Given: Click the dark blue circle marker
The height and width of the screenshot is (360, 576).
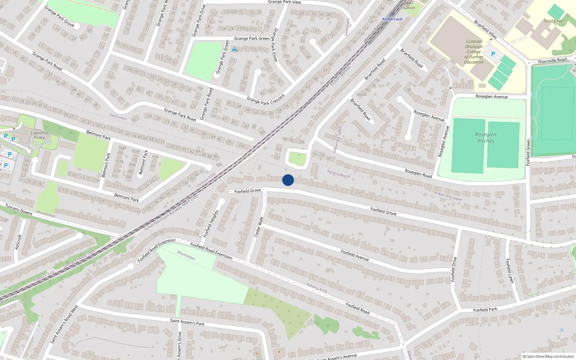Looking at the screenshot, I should click(288, 180).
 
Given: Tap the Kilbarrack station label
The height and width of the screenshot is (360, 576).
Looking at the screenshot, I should click(392, 19).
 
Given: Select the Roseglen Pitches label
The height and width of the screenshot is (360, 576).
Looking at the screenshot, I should click(486, 138).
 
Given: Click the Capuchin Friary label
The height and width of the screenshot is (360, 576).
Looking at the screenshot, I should click(39, 135).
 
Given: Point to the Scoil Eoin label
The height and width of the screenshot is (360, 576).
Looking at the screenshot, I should click(553, 21).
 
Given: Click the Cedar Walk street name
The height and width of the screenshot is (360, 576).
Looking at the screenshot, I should click(259, 226).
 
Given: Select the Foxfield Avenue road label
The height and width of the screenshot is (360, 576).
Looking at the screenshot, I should click(355, 255).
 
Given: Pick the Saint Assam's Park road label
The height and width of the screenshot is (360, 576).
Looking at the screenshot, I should click(187, 322).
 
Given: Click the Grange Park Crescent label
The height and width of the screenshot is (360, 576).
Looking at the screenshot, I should click(266, 99).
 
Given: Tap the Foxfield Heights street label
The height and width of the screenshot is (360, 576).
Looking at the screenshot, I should click(211, 224).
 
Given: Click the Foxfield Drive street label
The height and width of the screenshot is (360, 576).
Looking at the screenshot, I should click(454, 269).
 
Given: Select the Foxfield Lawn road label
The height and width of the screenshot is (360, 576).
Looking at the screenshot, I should click(509, 271).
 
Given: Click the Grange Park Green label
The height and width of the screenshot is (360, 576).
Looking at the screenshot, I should click(252, 39).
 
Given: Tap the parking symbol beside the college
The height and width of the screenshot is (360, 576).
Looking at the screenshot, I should click(493, 54).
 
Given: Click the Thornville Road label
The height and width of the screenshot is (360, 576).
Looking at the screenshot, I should click(552, 60).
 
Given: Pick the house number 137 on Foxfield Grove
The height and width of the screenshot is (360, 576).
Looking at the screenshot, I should click(359, 193).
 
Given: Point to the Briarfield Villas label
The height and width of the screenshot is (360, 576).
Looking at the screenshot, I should click(485, 29).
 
